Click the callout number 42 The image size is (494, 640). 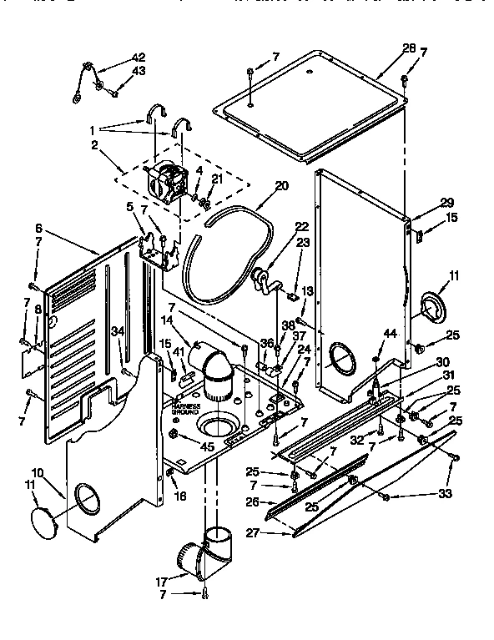(x=139, y=58)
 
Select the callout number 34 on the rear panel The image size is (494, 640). (x=118, y=330)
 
